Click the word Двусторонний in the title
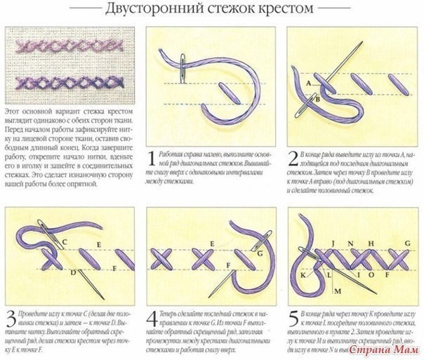[x=150, y=10]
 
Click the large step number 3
[x=10, y=315]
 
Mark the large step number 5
[x=293, y=315]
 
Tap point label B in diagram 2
[x=317, y=100]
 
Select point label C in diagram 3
[x=62, y=241]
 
